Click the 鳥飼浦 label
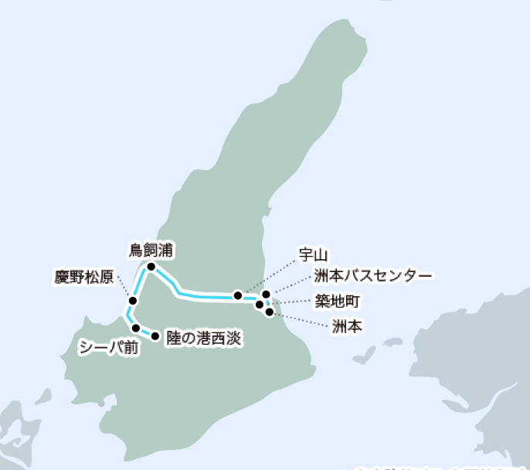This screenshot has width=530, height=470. point(151,250)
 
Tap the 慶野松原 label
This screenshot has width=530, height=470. point(83,275)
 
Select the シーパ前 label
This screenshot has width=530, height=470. point(108,347)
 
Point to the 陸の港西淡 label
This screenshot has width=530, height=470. point(205,338)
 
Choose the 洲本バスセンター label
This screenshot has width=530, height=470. point(373,275)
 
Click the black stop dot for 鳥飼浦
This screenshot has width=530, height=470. point(151,267)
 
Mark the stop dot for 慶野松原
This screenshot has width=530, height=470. point(133,300)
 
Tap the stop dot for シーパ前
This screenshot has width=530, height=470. point(136,329)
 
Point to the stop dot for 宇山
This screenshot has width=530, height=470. point(239,295)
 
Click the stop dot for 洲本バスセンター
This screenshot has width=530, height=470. point(266,295)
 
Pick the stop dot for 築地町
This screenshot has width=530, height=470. point(260,305)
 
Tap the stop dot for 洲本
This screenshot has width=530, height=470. point(269,312)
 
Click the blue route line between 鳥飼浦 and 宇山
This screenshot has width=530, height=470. point(205,294)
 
